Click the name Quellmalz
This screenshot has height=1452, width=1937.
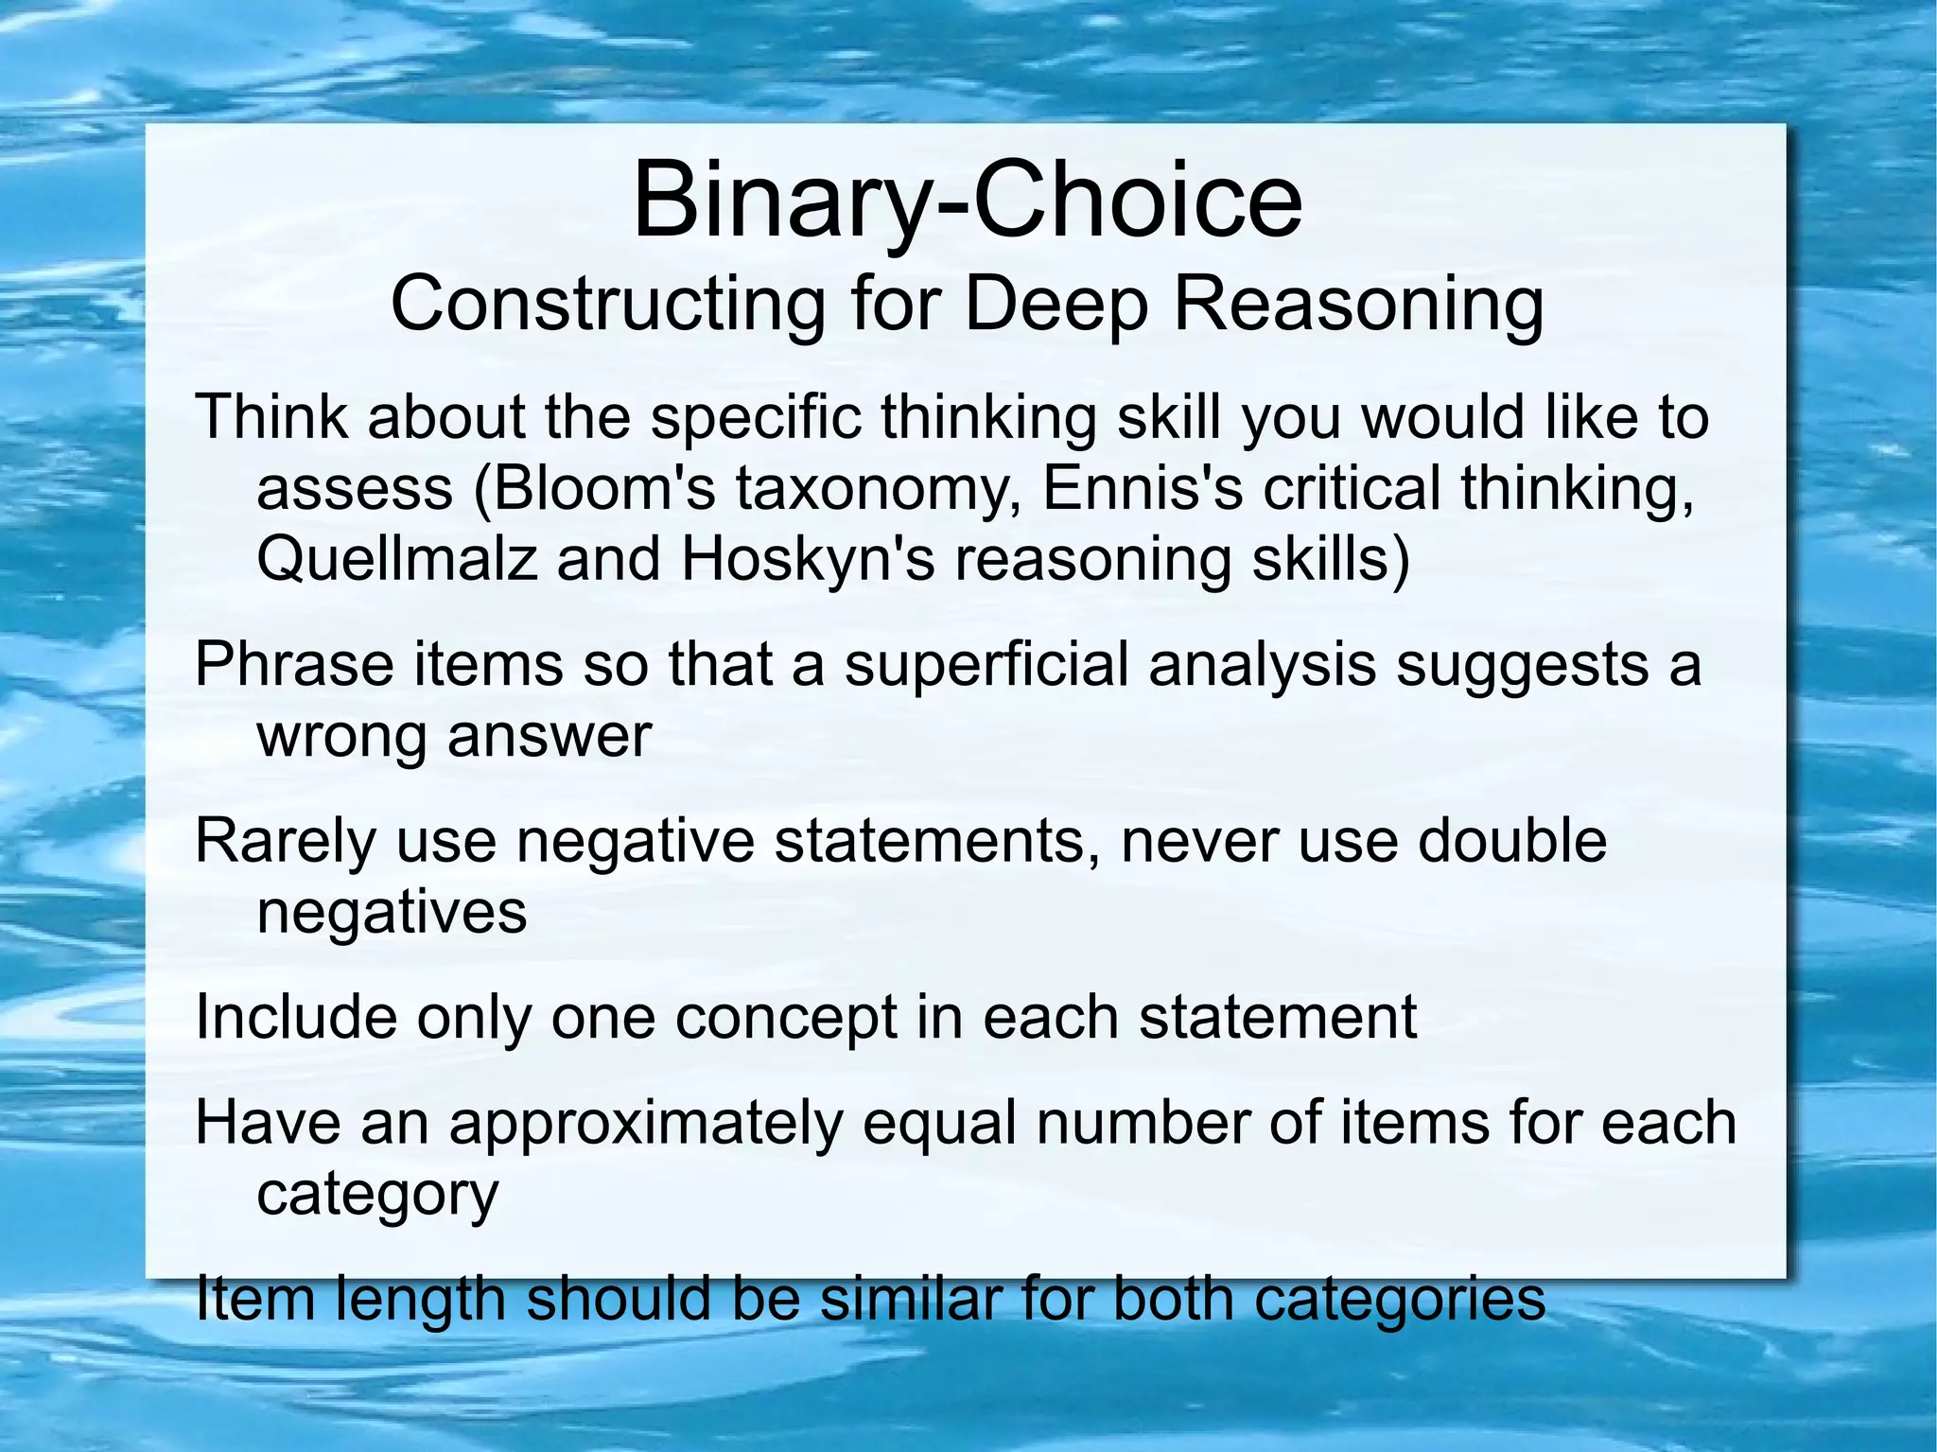pos(397,560)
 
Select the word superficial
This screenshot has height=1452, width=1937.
pos(986,664)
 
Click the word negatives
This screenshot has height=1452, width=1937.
pos(392,912)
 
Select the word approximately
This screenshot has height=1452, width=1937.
pos(645,1124)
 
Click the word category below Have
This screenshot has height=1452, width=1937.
pos(376,1195)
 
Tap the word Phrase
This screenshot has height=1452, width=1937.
pos(293,664)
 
